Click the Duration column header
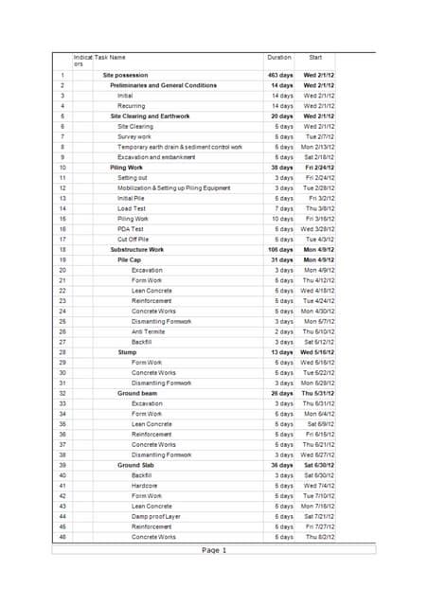278,59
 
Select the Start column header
315,59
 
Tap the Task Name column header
110,59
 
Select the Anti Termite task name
150,331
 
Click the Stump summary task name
127,352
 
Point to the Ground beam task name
137,393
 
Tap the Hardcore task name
146,486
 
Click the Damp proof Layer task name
156,516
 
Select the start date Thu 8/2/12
318,537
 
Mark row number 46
62,537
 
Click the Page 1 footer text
214,550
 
